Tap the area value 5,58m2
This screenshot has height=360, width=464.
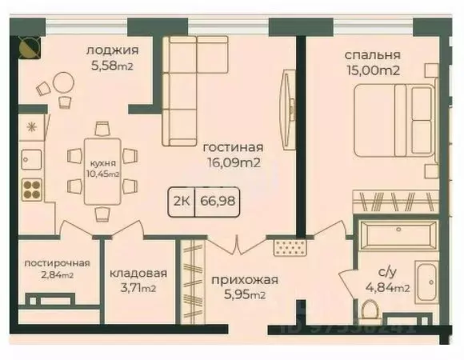[110, 66]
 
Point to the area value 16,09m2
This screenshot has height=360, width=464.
[234, 162]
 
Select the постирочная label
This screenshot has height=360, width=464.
[57, 263]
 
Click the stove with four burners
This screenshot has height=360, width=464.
[31, 190]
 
